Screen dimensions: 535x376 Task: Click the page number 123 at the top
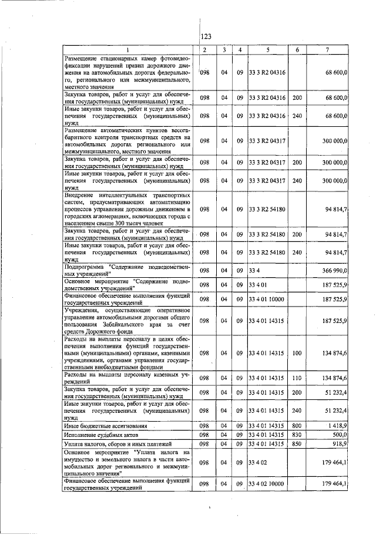point(206,37)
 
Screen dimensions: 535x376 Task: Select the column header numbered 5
point(267,49)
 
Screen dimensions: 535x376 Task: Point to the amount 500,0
point(340,434)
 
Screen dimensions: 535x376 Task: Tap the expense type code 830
point(297,434)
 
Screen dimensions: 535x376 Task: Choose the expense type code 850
point(297,444)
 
